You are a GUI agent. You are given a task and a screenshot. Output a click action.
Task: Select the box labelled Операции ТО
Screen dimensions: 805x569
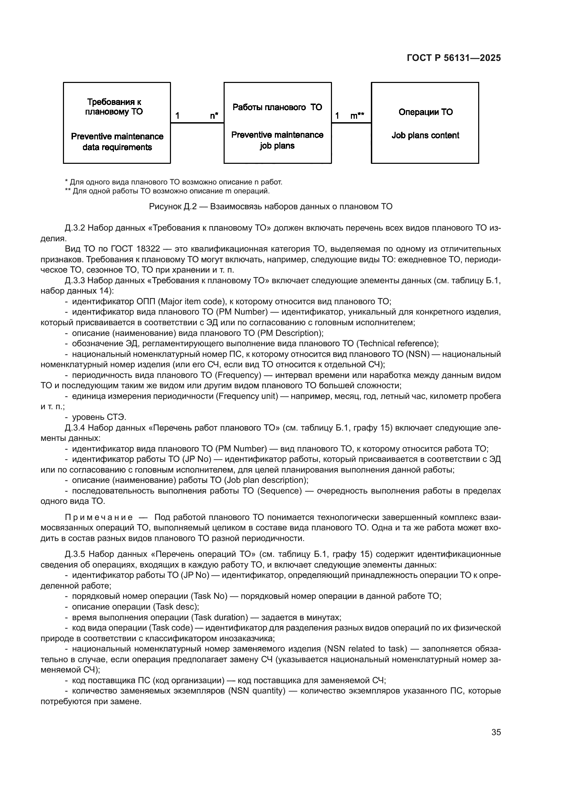[x=425, y=123]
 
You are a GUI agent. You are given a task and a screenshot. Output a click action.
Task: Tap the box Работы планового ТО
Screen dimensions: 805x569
[x=277, y=123]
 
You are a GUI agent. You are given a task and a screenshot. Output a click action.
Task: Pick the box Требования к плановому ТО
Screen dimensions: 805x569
[x=117, y=123]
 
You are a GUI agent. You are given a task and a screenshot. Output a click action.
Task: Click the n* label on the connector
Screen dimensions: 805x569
[x=214, y=116]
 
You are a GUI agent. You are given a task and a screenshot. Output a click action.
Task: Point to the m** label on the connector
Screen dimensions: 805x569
[x=357, y=116]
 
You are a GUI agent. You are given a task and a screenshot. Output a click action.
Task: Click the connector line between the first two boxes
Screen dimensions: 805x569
[x=197, y=123]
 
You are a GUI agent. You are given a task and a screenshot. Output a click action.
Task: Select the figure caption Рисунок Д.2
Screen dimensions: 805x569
[x=270, y=206]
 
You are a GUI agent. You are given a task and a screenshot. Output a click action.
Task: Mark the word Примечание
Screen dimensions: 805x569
[x=99, y=518]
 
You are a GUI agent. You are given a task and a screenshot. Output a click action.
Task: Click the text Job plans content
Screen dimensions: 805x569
[x=425, y=135]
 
